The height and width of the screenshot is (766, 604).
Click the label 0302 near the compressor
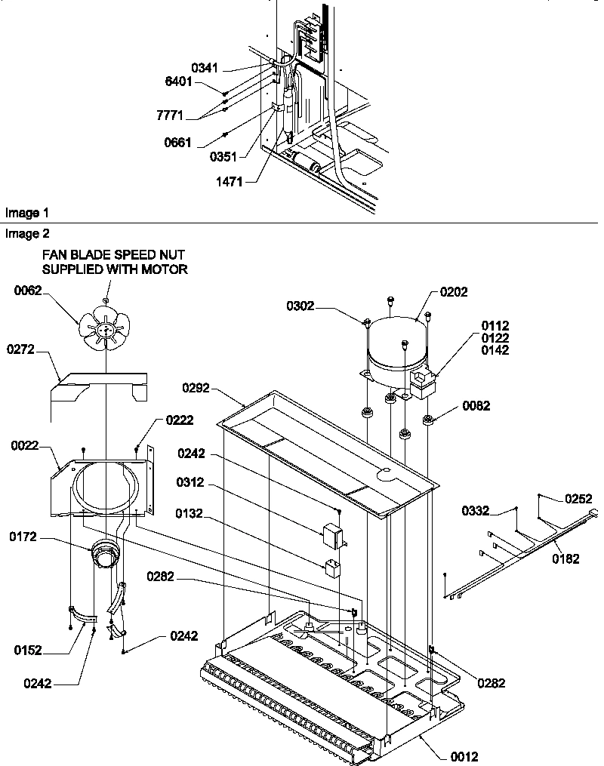coord(300,306)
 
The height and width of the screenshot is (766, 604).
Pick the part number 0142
coord(495,350)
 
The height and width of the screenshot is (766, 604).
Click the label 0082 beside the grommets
coord(476,406)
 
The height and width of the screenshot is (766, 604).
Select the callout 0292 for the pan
coord(195,388)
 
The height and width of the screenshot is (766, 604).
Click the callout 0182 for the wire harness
coord(566,559)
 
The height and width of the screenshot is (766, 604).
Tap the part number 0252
coord(578,499)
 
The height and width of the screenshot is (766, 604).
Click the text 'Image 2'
coord(23,234)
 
